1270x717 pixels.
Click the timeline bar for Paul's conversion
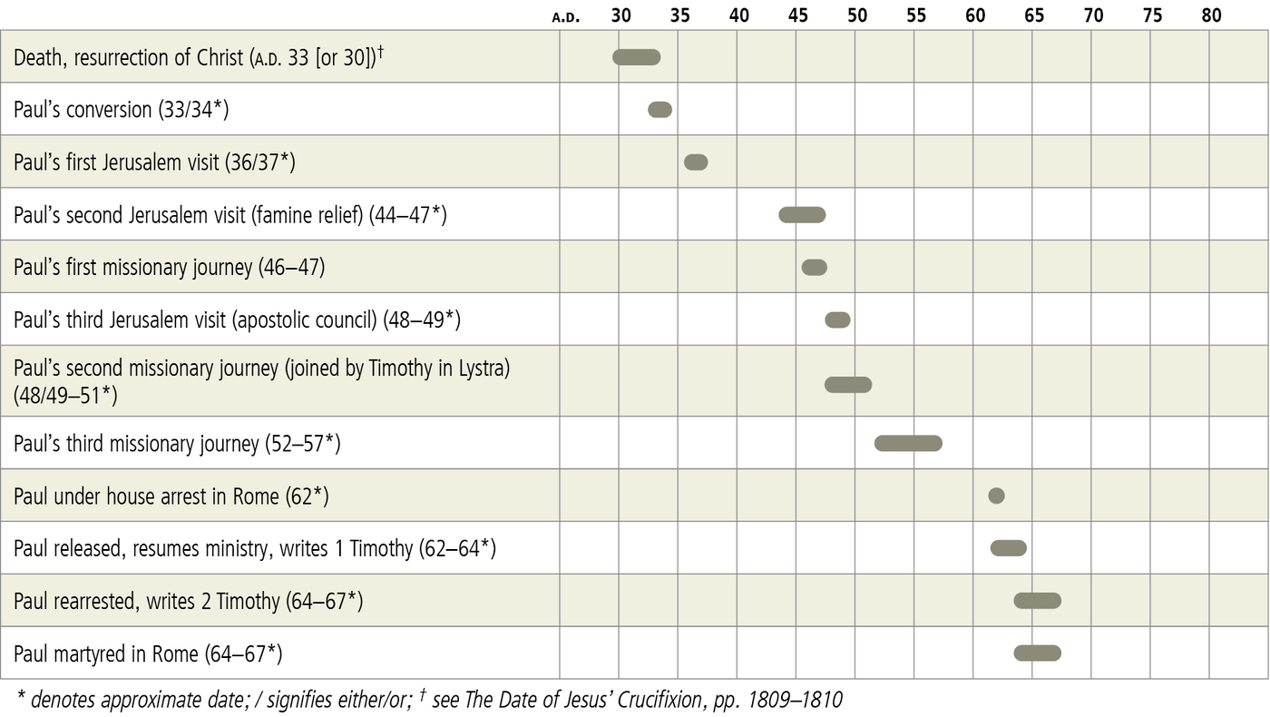tap(659, 110)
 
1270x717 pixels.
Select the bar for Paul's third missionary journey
tap(908, 443)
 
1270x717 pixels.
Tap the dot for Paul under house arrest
tap(996, 496)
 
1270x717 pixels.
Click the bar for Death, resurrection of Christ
tap(637, 57)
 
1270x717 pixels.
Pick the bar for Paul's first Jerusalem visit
tap(696, 162)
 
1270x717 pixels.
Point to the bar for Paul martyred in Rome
tap(1038, 653)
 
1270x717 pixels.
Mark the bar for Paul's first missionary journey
tap(815, 267)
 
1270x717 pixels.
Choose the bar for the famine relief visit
tap(802, 215)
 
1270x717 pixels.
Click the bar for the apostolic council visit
tap(837, 319)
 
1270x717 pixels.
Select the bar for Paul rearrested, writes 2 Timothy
tap(1038, 600)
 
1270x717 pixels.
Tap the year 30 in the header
tap(621, 15)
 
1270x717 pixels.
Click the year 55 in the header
tap(916, 15)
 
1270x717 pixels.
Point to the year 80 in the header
tap(1211, 15)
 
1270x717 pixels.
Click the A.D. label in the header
tap(566, 16)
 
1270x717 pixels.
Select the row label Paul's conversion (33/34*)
tap(121, 110)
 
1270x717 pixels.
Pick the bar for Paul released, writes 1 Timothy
tap(1009, 548)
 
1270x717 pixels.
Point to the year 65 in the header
tap(1034, 15)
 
